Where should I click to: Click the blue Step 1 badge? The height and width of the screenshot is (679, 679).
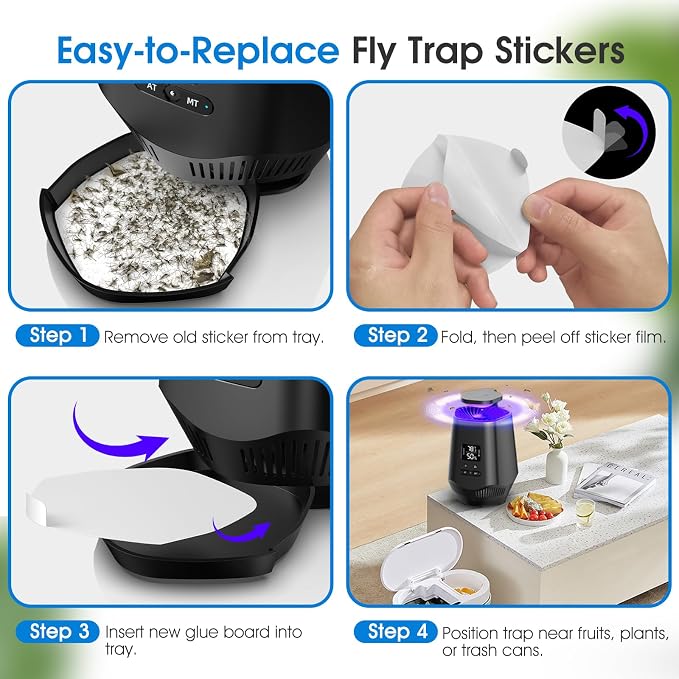click(x=58, y=336)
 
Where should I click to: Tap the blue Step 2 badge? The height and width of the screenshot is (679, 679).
click(x=395, y=336)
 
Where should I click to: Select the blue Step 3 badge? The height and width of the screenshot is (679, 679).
click(x=58, y=632)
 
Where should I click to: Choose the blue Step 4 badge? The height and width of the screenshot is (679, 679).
click(x=395, y=632)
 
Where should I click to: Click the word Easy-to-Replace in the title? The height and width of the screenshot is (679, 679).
click(x=198, y=51)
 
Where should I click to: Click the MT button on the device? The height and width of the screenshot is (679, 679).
click(x=192, y=103)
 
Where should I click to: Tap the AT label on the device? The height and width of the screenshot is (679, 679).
click(x=151, y=87)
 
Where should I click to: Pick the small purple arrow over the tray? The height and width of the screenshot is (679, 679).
click(x=241, y=531)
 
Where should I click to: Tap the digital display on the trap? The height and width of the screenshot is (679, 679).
click(x=471, y=453)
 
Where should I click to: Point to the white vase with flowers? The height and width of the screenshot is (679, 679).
click(x=556, y=466)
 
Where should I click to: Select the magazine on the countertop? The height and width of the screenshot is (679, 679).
click(x=614, y=482)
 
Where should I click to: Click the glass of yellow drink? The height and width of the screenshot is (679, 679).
click(x=585, y=512)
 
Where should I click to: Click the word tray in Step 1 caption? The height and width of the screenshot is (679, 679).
click(x=308, y=337)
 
